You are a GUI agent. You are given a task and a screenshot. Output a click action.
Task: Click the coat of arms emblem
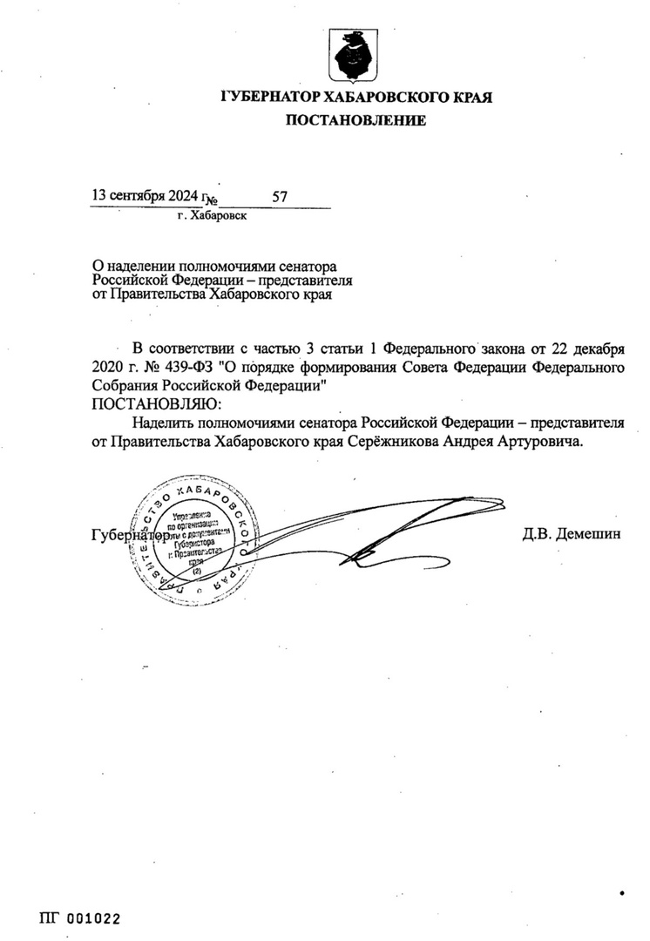355,53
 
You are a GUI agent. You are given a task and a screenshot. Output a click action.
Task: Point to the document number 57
280,197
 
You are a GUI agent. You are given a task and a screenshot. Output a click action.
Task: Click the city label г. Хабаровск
211,215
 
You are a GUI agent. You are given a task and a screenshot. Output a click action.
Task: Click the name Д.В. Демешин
572,533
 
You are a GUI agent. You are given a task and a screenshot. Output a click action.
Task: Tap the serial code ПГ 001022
78,918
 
